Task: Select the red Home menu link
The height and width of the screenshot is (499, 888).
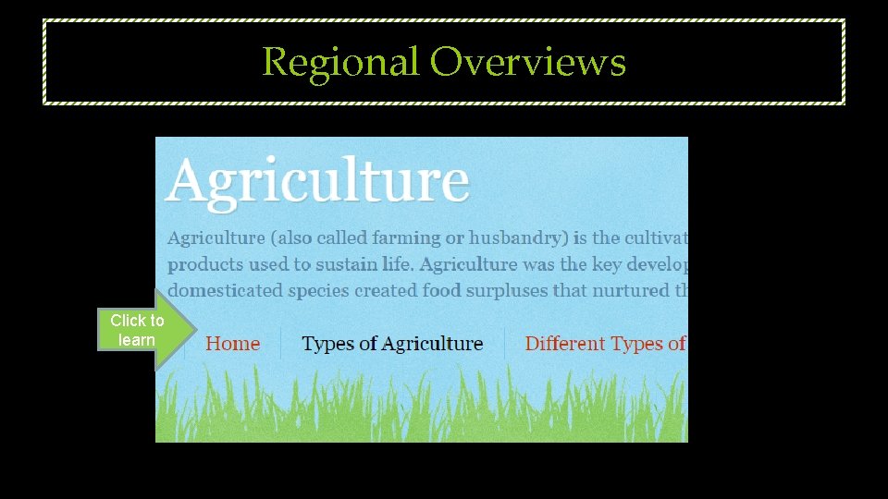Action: [232, 345]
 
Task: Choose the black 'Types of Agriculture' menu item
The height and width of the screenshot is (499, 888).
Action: [392, 345]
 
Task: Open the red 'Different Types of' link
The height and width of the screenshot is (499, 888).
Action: [605, 345]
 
